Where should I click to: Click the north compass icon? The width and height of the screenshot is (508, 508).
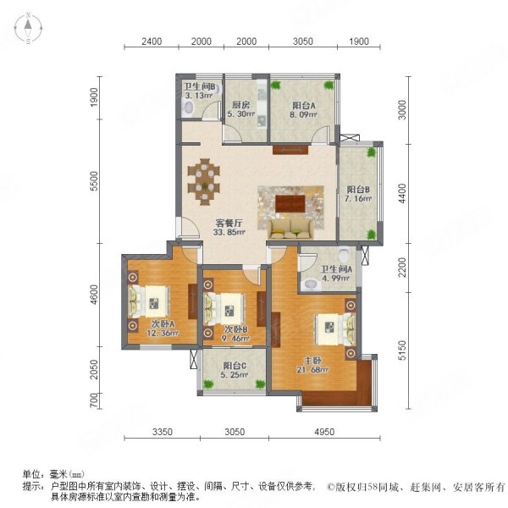(28, 30)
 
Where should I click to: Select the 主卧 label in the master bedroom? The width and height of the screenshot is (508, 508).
(328, 357)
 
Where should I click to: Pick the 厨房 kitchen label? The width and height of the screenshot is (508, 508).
(240, 106)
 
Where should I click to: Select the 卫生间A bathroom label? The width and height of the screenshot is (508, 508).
(337, 272)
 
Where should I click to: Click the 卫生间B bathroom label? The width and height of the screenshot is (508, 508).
(201, 86)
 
